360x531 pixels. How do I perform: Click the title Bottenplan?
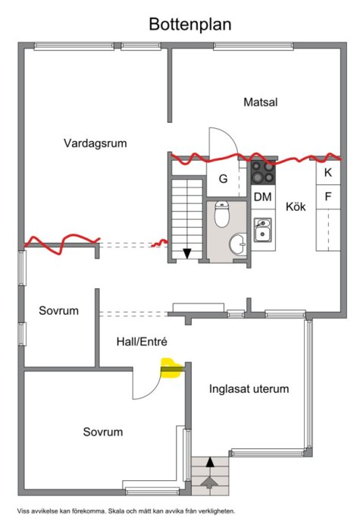pos(189,24)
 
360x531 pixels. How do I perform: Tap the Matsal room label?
pos(260,102)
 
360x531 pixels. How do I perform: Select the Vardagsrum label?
pos(95,142)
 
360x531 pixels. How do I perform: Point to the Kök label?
pos(296,206)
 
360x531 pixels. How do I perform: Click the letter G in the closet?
pos(224,180)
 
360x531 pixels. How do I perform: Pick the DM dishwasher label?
pos(262,197)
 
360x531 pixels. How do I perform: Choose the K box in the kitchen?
pos(328,172)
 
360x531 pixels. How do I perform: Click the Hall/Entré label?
pos(141,341)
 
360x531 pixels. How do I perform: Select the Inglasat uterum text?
pos(249,389)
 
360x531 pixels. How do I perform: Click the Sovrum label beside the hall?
pos(59,311)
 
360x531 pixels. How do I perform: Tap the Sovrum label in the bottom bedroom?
pos(103,432)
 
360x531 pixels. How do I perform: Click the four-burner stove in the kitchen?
pos(263,173)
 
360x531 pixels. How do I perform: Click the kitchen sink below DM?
pos(263,229)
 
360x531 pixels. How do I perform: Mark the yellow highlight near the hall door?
pos(172,369)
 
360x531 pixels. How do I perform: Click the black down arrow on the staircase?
pos(186,253)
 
